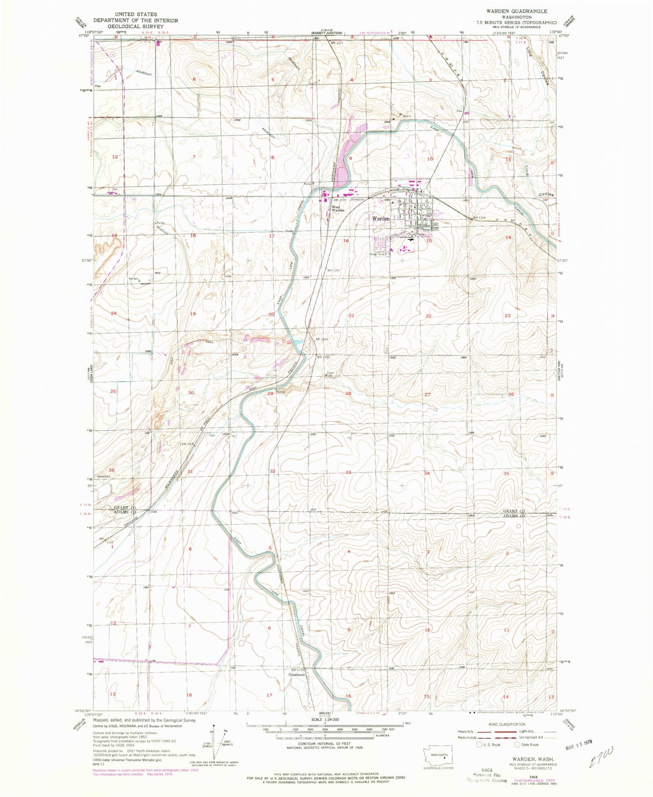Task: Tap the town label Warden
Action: click(381, 219)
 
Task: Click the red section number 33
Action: click(348, 473)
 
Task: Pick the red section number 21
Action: click(351, 315)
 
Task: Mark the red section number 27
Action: click(427, 394)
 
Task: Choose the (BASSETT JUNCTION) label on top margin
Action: click(327, 33)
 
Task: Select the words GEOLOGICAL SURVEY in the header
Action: click(136, 26)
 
